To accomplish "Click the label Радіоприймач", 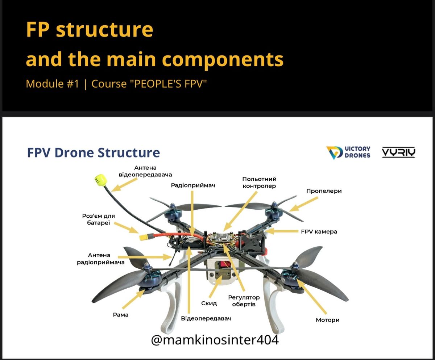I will tap(194, 185).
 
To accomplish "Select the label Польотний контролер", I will tap(259, 183).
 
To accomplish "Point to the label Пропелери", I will tap(324, 191).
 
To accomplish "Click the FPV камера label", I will tap(319, 231).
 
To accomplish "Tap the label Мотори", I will tap(327, 320).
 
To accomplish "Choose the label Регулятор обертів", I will tap(244, 301).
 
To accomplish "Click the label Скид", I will tap(209, 303).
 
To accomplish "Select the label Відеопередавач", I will tap(206, 318).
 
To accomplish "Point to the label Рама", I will tap(121, 315).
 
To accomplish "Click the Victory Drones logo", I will tap(348, 152).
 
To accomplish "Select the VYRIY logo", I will tap(398, 152).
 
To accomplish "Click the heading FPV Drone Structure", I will tap(94, 152).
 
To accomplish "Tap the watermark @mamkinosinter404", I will tap(215, 340).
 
